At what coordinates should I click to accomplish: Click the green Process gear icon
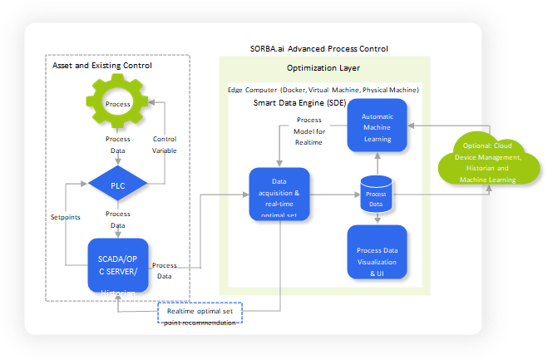pos(117,104)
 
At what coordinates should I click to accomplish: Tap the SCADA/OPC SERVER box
pos(118,264)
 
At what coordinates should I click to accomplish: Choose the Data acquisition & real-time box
pos(280,194)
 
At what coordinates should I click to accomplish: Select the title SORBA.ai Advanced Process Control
pos(319,49)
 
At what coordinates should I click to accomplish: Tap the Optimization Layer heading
pos(323,68)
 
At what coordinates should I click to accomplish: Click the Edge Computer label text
pos(323,89)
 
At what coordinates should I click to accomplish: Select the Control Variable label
pos(165,145)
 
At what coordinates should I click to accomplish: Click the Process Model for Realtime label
pos(309,131)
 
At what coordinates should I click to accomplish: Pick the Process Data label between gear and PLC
pos(117,145)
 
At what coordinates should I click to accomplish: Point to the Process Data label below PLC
pos(117,219)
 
